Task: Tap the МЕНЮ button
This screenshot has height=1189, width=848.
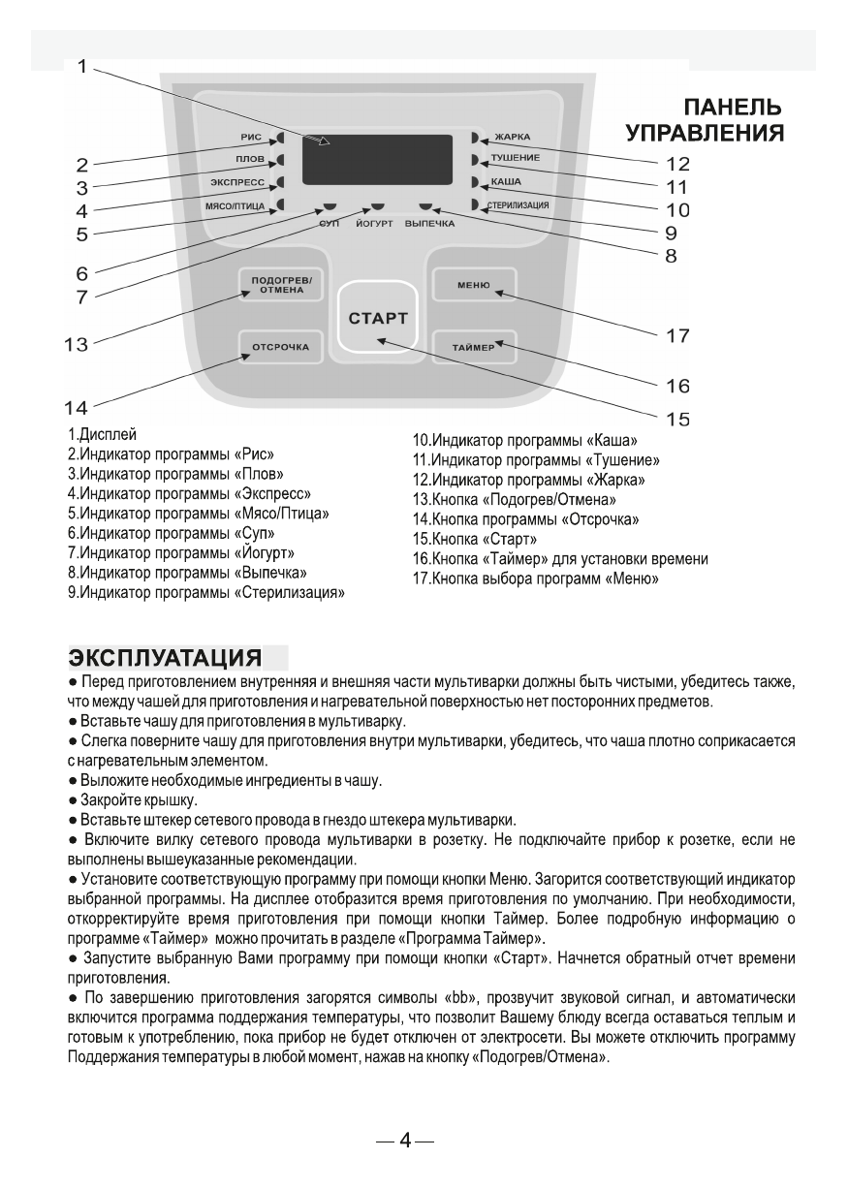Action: click(x=475, y=285)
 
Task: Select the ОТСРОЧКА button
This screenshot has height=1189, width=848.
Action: click(x=280, y=346)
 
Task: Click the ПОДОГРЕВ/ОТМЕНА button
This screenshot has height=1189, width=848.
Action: click(x=281, y=285)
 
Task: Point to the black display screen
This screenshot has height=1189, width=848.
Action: click(x=377, y=159)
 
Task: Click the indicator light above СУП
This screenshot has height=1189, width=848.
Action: click(x=330, y=206)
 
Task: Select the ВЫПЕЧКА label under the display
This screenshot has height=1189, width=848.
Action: click(x=429, y=223)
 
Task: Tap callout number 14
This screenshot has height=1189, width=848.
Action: click(x=76, y=408)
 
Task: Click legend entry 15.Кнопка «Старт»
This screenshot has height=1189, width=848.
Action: click(x=475, y=538)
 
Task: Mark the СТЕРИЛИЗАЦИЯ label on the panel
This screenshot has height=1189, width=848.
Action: click(x=518, y=205)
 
